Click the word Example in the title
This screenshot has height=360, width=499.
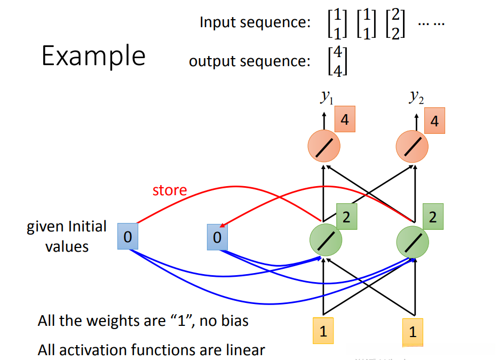click(93, 55)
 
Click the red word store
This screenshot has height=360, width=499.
click(170, 190)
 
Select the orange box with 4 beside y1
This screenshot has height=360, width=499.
click(345, 120)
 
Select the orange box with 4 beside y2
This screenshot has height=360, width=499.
click(434, 122)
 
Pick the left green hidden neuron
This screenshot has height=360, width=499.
click(326, 241)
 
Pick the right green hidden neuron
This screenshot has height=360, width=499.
click(413, 242)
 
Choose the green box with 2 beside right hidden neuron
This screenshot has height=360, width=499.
click(433, 217)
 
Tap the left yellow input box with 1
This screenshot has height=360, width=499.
click(323, 331)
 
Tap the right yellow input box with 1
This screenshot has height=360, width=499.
click(413, 331)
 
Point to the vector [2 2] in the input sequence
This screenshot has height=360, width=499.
click(395, 24)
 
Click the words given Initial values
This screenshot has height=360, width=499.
click(67, 236)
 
